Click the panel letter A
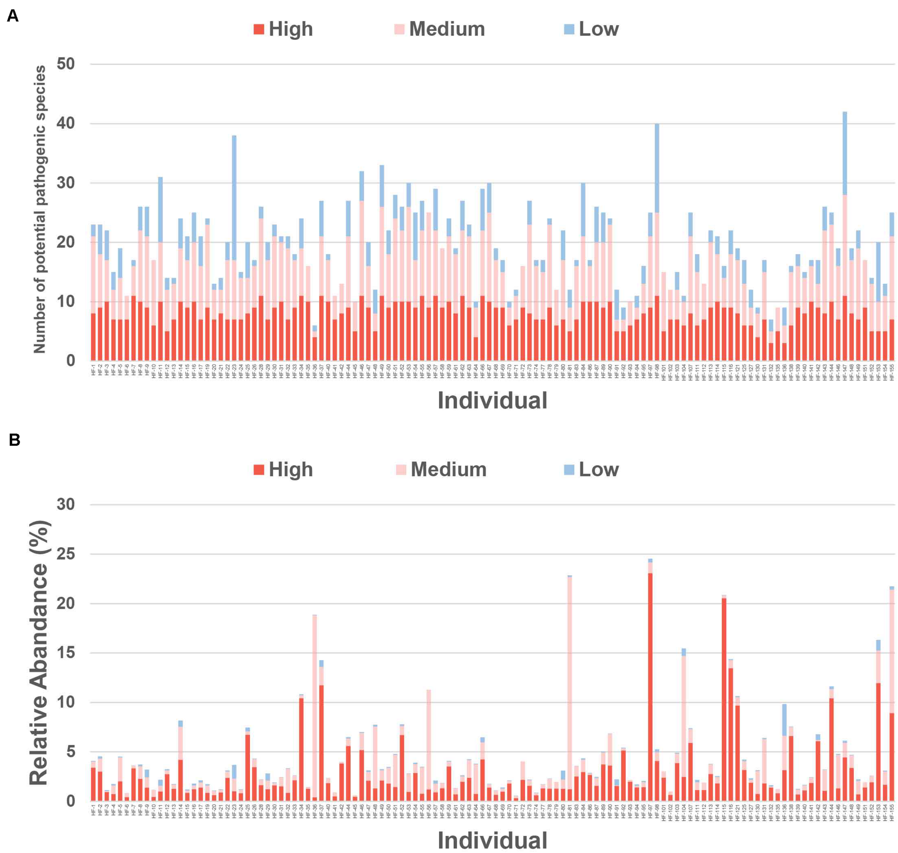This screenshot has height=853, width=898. [12, 17]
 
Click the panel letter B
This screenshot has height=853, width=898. [14, 440]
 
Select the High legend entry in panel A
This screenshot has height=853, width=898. [283, 29]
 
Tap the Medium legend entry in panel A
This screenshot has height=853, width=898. [439, 29]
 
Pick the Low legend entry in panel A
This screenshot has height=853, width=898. [591, 29]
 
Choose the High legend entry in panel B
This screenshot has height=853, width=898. [283, 469]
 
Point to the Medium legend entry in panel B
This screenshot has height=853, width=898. [441, 469]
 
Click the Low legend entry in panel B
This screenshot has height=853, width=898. [591, 469]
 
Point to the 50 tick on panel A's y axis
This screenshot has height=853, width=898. [66, 64]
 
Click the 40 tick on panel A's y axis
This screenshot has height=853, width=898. [66, 124]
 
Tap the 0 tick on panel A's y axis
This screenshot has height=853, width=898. [70, 361]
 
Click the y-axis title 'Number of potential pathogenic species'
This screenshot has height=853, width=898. [40, 209]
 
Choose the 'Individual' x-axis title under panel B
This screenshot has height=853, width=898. [492, 840]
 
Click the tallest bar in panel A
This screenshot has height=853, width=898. [844, 236]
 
